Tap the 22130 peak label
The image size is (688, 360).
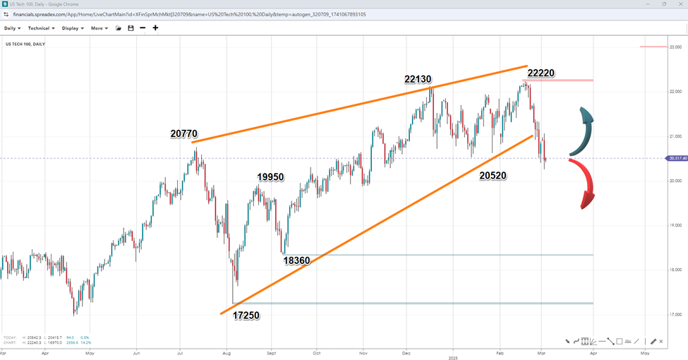(x=418, y=79)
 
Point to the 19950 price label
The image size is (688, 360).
(x=270, y=176)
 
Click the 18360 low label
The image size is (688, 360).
(x=296, y=260)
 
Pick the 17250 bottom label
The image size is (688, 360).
(x=246, y=316)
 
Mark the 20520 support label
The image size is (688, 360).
(x=493, y=174)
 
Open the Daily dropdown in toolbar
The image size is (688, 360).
(x=12, y=28)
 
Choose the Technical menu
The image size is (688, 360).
(x=42, y=28)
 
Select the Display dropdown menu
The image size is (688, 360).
(x=73, y=28)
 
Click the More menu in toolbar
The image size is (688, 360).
(x=99, y=28)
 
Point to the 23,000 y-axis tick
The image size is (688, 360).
(x=675, y=47)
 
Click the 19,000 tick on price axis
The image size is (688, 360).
(x=675, y=225)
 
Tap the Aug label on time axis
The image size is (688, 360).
(x=226, y=351)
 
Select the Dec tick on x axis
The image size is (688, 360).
(x=406, y=351)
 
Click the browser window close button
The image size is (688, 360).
(x=680, y=4)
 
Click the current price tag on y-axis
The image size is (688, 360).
(x=676, y=158)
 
